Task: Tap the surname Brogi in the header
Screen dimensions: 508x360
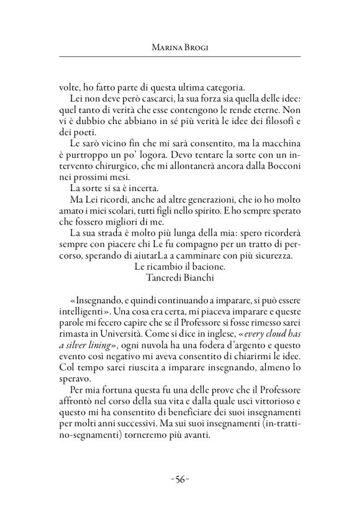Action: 196,47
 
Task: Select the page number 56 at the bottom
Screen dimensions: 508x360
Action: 179,479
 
